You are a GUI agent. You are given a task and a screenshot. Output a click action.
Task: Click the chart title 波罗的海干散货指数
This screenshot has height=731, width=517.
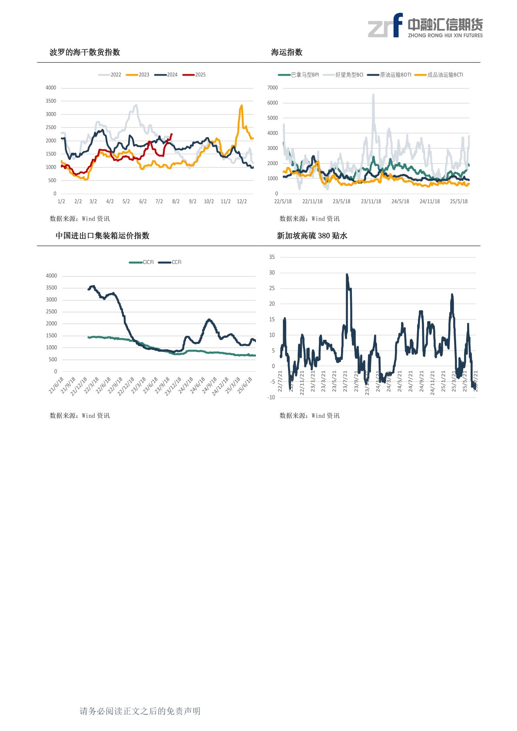point(85,52)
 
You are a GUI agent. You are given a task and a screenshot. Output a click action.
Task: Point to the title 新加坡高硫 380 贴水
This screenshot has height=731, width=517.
point(312,236)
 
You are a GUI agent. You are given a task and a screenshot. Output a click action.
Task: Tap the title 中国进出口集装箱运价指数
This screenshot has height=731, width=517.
point(103,236)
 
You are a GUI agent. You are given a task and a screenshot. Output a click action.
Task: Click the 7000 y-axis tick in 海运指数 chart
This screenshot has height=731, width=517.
point(272,88)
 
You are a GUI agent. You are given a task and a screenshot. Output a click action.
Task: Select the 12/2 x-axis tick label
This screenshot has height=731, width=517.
point(242,202)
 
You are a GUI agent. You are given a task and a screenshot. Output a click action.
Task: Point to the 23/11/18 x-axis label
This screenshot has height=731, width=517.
point(371,202)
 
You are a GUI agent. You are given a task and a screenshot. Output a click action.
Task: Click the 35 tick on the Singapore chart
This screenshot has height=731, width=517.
point(272,257)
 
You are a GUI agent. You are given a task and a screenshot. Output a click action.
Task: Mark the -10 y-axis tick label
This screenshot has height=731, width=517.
point(271,397)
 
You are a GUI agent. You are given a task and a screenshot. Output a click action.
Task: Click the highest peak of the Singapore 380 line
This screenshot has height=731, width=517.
point(347,275)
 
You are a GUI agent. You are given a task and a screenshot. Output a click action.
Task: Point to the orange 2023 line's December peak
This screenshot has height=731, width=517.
point(242,105)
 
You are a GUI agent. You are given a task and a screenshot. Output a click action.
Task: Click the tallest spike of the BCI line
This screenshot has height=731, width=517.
point(373,95)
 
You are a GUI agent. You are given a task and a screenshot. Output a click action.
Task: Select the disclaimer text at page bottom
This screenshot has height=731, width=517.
point(140,711)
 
